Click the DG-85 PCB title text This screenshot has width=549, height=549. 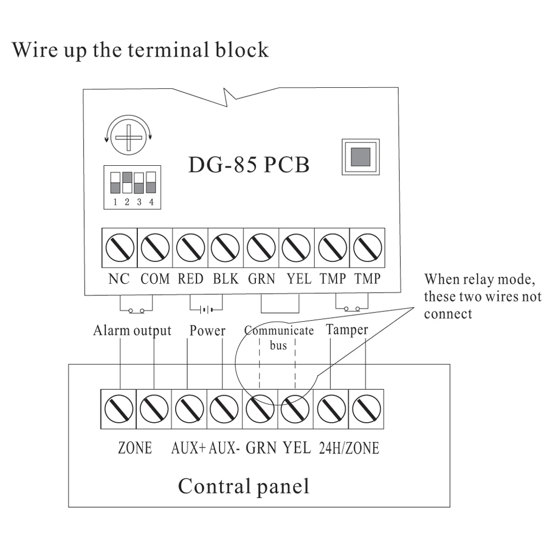[249, 165]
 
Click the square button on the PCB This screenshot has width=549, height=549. [360, 156]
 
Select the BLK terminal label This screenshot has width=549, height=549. [226, 279]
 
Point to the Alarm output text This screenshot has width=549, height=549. [132, 330]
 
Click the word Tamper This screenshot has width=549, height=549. [347, 330]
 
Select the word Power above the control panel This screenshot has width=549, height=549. [208, 330]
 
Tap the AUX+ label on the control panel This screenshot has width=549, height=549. [188, 448]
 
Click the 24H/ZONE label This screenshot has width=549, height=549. [349, 448]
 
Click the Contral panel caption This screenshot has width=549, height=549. [243, 486]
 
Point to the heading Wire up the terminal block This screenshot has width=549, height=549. [141, 49]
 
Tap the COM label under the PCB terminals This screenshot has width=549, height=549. [155, 279]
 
